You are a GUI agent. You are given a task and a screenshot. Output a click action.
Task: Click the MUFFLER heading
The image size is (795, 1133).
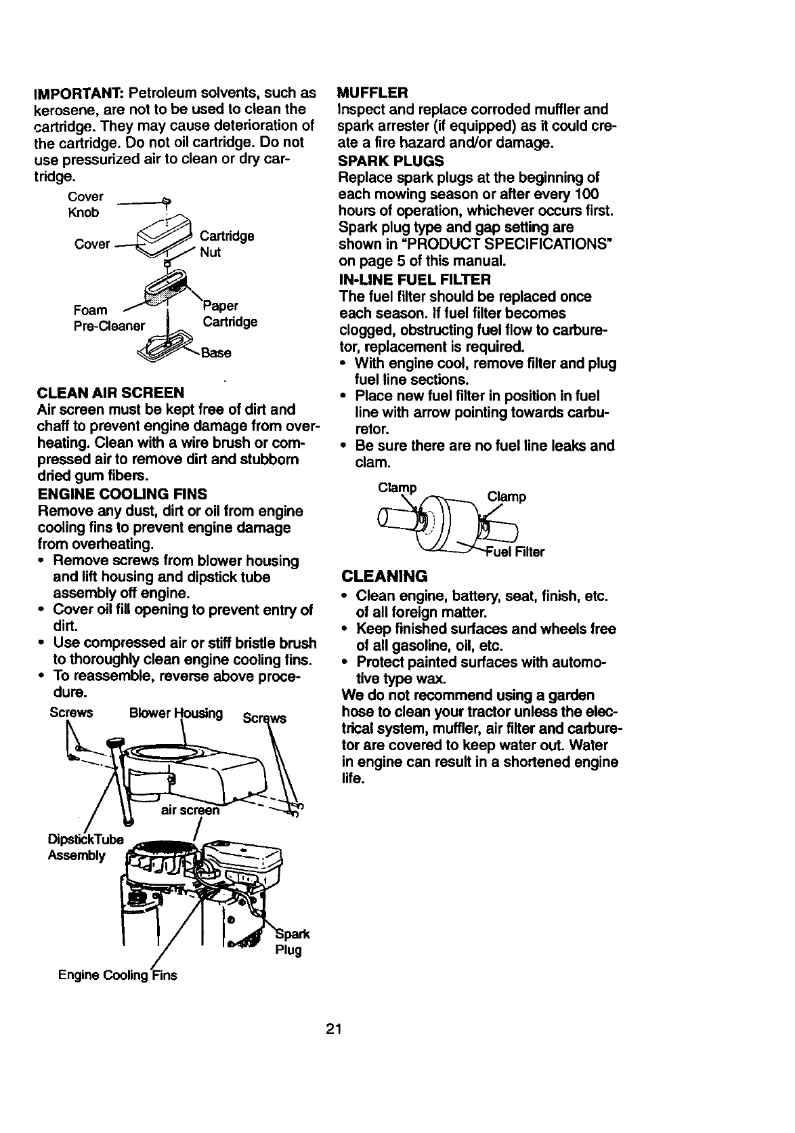point(372,92)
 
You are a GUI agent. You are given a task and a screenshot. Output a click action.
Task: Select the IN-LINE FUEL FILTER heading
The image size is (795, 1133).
point(414,279)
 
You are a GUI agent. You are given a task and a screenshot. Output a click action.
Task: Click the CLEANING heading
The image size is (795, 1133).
point(385,576)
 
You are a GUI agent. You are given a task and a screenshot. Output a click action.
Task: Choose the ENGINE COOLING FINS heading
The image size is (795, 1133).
point(122,493)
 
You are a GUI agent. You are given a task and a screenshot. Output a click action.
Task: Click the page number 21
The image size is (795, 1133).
point(332,1030)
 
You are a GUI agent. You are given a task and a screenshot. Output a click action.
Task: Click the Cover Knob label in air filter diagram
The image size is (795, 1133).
point(85,205)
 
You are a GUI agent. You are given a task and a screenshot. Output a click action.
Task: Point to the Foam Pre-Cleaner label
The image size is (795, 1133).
point(108,318)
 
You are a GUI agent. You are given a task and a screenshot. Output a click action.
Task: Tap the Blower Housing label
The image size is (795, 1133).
point(175,714)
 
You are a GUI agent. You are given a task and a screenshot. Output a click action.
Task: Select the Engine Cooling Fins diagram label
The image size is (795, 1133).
point(117,975)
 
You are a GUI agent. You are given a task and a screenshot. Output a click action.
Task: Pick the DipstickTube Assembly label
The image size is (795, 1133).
point(85,847)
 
